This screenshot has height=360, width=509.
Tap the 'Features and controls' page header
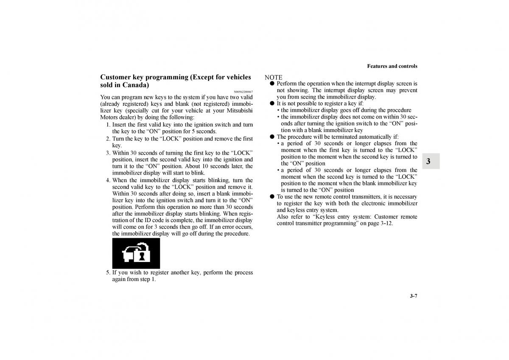coord(392,66)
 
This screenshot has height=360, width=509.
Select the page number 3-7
coord(413,296)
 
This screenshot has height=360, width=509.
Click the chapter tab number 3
coord(428,161)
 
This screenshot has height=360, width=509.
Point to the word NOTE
coord(274,77)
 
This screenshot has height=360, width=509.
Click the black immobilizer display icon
coord(136,253)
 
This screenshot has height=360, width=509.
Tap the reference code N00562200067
coord(243,92)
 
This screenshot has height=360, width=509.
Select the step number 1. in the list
coord(109,125)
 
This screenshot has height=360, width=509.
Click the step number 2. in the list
coord(109,139)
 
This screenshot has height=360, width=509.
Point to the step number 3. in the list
coord(109,153)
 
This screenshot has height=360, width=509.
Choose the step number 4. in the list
coord(109,180)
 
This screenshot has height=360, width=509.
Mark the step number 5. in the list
coord(109,273)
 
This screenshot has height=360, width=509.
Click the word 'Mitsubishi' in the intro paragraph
coord(239,110)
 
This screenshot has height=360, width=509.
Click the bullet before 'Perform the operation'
coord(272,84)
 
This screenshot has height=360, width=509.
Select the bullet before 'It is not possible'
coord(272,104)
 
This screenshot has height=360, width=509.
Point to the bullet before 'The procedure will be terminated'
coord(272,137)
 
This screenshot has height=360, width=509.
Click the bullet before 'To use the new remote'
coord(272,197)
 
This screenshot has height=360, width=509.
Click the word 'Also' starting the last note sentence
coord(283,217)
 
